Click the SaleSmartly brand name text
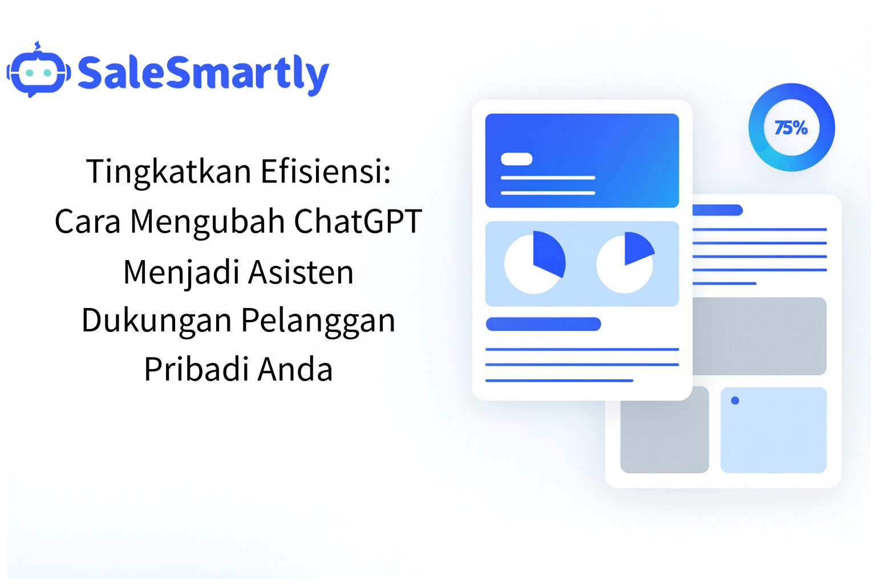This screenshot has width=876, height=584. point(204,74)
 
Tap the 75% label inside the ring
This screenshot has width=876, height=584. point(791,128)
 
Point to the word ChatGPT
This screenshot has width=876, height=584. point(358,221)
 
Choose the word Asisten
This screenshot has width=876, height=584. point(301,272)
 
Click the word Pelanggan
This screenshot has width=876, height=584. point(318,321)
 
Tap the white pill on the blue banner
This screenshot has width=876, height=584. point(516,159)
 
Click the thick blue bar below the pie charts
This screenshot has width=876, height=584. point(543,324)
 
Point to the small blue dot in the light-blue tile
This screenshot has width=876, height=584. point(735,400)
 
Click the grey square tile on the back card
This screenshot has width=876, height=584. point(664,430)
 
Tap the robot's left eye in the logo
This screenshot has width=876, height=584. point(29,73)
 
